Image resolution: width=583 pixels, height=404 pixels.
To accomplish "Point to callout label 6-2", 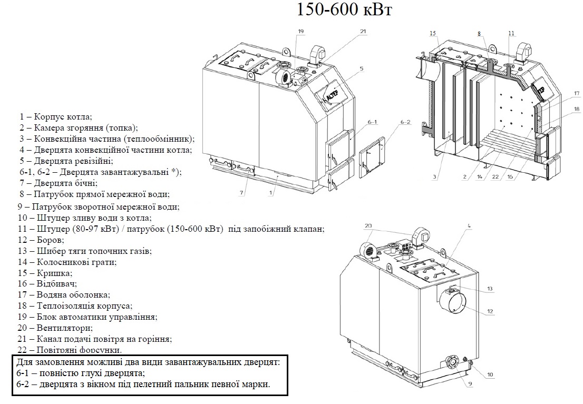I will (x=405, y=122).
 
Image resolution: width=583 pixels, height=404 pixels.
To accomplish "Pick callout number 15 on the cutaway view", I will (x=433, y=33).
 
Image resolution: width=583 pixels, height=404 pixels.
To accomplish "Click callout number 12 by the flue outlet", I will (x=490, y=311).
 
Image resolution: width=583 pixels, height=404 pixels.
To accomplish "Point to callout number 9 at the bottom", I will (x=469, y=383).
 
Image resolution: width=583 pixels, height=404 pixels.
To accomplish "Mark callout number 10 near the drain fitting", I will (x=490, y=375).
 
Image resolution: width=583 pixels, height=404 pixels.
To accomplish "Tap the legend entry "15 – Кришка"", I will (x=45, y=273).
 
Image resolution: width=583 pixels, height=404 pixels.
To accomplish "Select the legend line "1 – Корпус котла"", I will (x=56, y=116).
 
